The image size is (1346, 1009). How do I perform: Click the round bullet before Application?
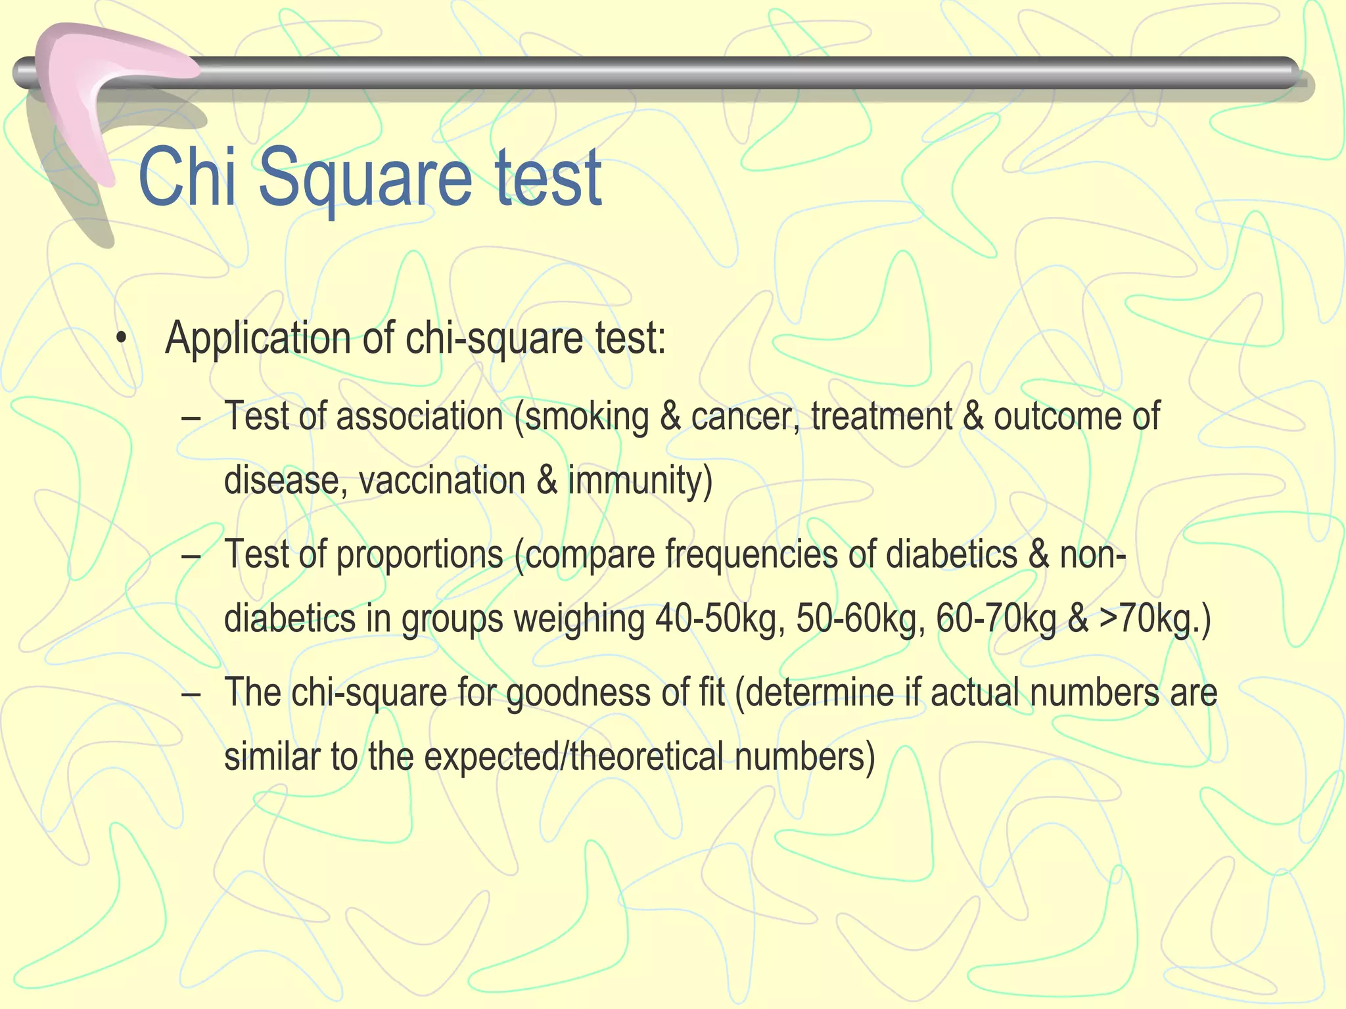[x=120, y=340]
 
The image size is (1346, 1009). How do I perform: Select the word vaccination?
[x=442, y=480]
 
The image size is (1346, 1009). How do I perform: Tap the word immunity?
[x=639, y=480]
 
